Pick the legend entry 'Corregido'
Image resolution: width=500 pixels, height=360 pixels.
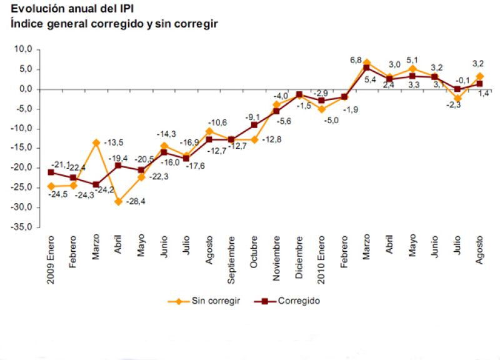click(299, 301)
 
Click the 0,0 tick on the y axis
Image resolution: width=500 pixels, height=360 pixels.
click(26, 89)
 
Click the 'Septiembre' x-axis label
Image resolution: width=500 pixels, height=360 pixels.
click(231, 261)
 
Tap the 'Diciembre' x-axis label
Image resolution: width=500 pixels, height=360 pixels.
click(299, 262)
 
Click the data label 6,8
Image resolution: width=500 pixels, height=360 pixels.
click(356, 60)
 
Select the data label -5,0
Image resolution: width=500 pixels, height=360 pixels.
click(331, 120)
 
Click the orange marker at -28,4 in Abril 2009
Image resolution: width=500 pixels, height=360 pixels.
click(119, 201)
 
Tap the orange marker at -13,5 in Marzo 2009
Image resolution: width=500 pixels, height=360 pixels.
click(96, 142)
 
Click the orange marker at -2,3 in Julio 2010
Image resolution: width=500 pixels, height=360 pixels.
click(457, 98)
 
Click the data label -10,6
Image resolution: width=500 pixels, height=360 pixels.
click(217, 122)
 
